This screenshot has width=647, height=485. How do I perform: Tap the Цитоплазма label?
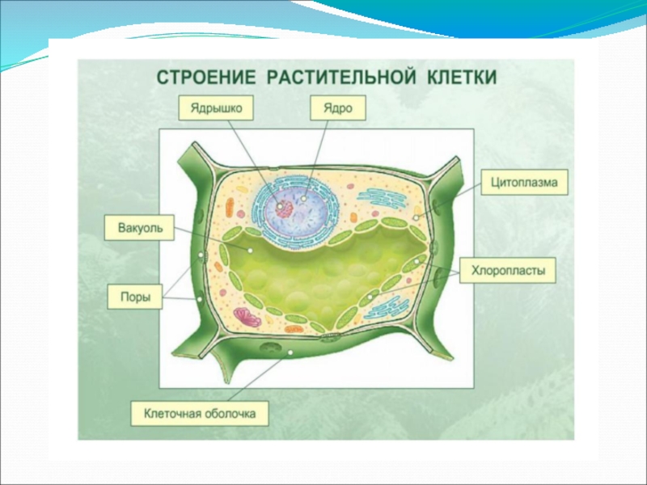point(524,183)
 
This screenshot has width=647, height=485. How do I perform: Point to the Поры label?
point(133,296)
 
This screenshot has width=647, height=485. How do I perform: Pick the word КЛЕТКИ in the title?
point(458,78)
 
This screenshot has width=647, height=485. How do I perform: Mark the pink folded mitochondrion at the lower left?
point(246,316)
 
